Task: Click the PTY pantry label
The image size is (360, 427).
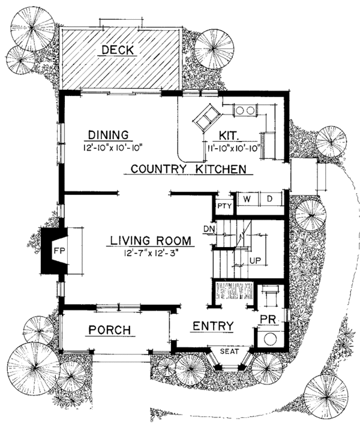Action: click(224, 206)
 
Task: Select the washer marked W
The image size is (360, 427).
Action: click(247, 198)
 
